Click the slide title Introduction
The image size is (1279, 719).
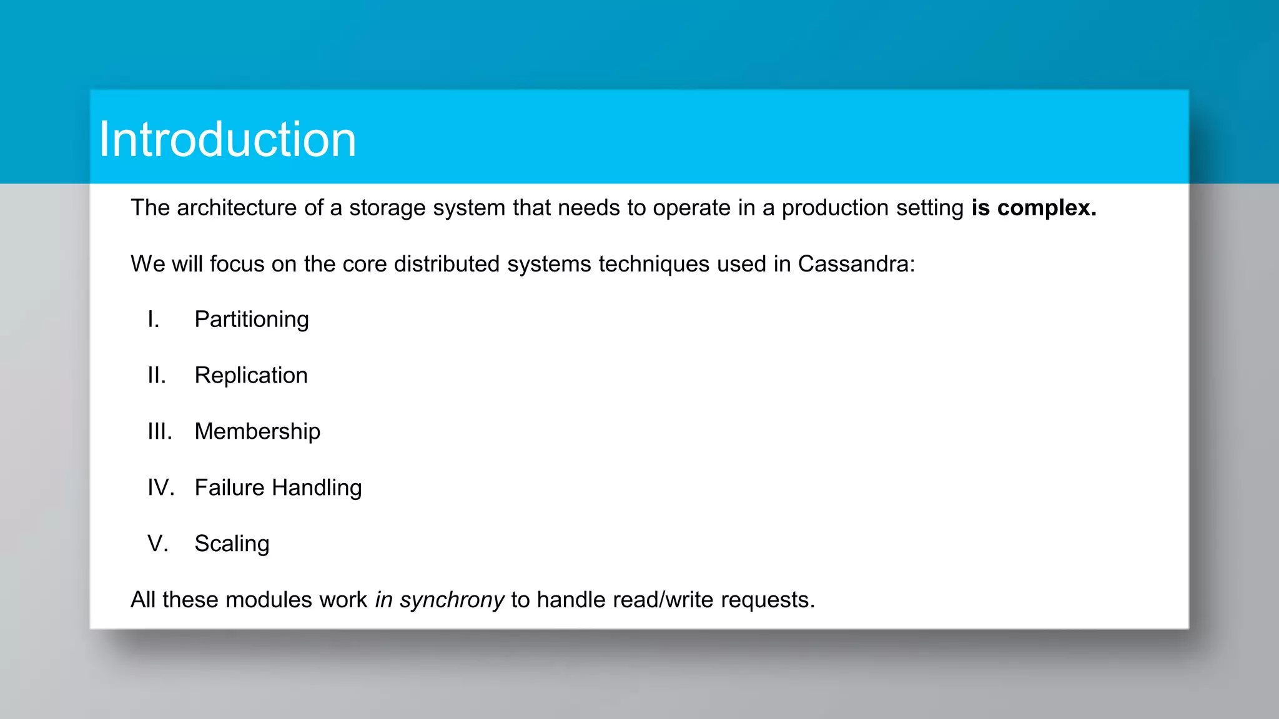227,139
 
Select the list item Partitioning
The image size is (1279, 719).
251,320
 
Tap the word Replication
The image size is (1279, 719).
251,376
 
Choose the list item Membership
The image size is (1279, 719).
257,432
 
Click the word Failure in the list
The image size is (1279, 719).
229,488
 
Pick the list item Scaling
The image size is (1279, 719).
232,544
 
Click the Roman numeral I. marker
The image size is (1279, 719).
154,320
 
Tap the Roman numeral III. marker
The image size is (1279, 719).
160,432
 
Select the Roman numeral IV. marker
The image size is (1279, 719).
161,488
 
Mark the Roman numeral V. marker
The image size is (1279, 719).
158,544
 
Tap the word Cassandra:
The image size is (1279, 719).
856,264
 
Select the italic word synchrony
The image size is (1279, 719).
452,600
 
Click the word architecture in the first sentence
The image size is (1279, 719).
237,208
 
